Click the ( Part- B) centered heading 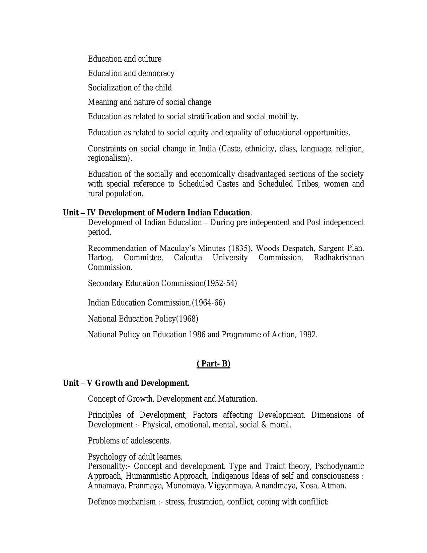coord(213,364)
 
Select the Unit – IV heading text coord(156,213)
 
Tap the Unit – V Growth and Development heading coord(126,383)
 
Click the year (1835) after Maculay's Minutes coord(240,249)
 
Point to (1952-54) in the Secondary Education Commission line coord(220,283)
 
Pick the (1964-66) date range coord(208,303)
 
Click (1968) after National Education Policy coord(187,319)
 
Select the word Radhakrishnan coord(339,258)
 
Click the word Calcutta coord(188,258)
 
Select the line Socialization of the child coord(130,88)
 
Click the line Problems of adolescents coord(130,441)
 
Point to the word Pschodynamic coord(339,466)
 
